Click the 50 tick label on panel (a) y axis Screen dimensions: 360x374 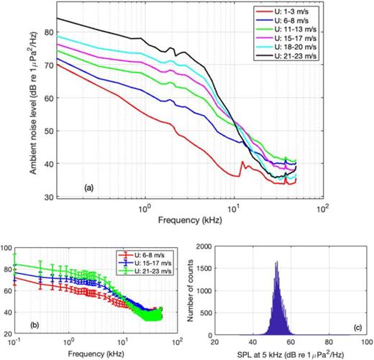pyautogui.click(x=48, y=131)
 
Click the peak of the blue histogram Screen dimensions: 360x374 pyautogui.click(x=275, y=262)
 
